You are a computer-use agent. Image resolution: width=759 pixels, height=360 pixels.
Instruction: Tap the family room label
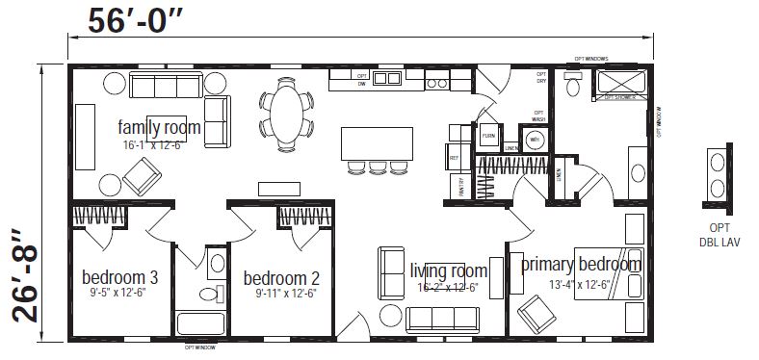[x=159, y=127]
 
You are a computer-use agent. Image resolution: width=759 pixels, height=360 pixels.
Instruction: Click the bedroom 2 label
[x=279, y=279]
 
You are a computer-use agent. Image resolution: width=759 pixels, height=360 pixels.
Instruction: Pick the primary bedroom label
[x=581, y=265]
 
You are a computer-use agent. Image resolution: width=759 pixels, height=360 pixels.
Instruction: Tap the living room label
[x=448, y=270]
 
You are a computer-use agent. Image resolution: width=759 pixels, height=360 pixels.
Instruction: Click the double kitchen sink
[x=387, y=78]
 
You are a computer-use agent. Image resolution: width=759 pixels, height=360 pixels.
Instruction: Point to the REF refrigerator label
[x=453, y=157]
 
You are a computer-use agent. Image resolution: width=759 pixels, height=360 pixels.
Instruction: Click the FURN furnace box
[x=489, y=134]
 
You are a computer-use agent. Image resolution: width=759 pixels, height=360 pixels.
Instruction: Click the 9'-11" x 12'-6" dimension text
[x=279, y=293]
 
